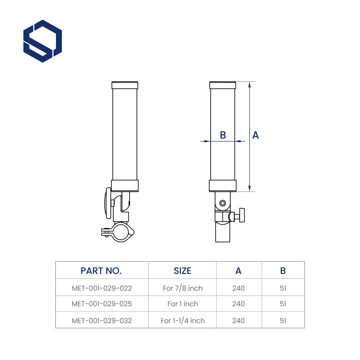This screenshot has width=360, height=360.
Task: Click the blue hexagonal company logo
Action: point(43,41)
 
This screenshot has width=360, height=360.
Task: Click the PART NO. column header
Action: point(101,271)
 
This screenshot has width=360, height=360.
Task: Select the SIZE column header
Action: point(182,271)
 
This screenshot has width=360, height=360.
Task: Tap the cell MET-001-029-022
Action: point(102,288)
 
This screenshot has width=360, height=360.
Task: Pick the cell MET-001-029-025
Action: point(102,304)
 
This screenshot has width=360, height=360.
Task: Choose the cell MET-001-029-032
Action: point(102,321)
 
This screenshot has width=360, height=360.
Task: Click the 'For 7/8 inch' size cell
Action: point(182,288)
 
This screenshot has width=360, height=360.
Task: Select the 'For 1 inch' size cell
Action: point(182,304)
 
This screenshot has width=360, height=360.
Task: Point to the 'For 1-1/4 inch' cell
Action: point(182,321)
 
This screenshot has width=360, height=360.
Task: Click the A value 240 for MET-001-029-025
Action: point(238,304)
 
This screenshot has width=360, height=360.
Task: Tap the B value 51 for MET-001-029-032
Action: point(283,321)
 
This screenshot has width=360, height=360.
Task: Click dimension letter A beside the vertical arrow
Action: point(256,135)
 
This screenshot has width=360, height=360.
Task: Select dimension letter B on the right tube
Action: point(223,135)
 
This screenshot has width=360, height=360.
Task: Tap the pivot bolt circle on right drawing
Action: point(222,203)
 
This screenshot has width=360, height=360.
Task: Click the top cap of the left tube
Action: point(125,85)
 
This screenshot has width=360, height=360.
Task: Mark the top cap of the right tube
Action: point(223,85)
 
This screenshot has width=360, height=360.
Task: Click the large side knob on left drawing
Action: point(108,203)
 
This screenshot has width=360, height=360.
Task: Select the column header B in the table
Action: point(283,271)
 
